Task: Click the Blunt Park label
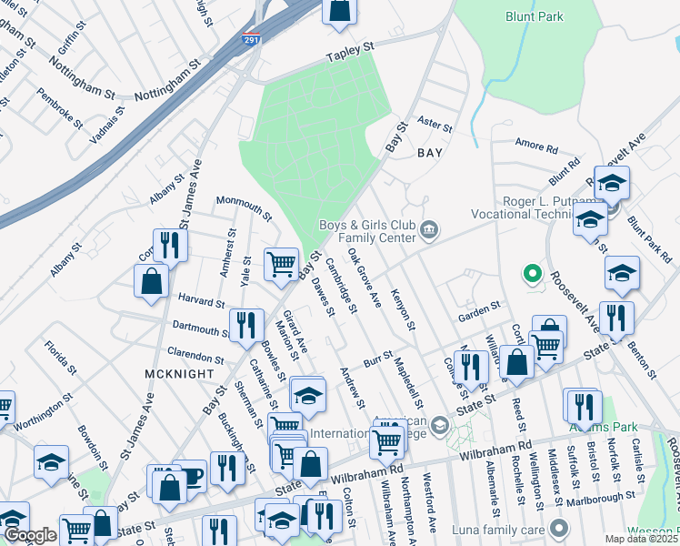(x=535, y=16)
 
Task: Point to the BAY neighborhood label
(x=429, y=153)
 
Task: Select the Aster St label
(x=435, y=122)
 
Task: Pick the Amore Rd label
(x=535, y=147)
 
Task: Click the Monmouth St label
(x=243, y=207)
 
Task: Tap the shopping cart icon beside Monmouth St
(x=282, y=264)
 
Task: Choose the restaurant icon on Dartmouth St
(x=245, y=325)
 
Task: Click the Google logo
(x=29, y=536)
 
